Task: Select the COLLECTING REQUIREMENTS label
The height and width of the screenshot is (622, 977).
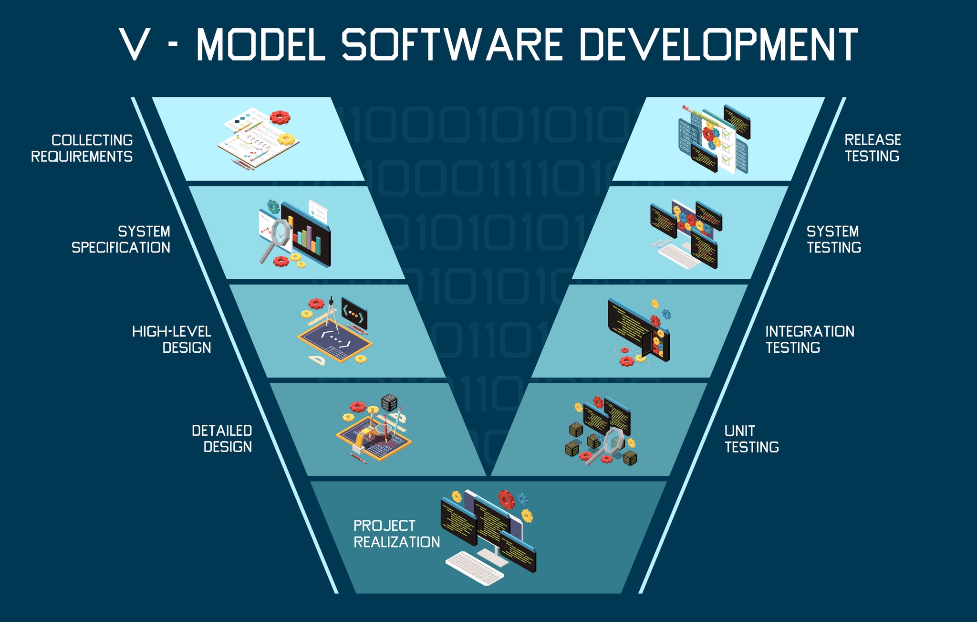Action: click(x=82, y=148)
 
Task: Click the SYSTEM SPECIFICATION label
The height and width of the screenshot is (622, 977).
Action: click(x=121, y=240)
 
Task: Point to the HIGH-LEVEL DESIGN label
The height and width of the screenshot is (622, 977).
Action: click(x=172, y=339)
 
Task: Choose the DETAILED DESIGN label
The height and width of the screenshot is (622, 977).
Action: click(x=222, y=439)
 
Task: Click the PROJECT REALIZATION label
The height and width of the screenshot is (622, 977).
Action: click(x=396, y=534)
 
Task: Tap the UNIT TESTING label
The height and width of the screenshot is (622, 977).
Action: click(x=751, y=439)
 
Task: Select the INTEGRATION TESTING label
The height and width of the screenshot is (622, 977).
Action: click(x=810, y=339)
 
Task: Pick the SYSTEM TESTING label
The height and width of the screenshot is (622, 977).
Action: click(x=834, y=240)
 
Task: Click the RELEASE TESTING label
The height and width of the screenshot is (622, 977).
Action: click(x=873, y=148)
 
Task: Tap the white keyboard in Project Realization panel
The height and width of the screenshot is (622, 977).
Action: click(x=475, y=568)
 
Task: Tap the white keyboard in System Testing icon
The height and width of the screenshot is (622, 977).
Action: click(x=679, y=256)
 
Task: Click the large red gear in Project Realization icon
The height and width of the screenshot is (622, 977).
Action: click(x=507, y=499)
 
